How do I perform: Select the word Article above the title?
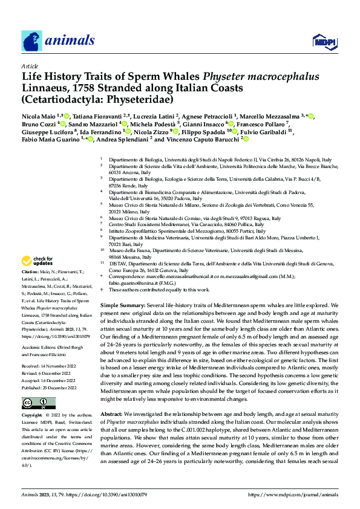[x=29, y=66]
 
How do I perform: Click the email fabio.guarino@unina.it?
[x=135, y=282]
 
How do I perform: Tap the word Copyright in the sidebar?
[x=31, y=416]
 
